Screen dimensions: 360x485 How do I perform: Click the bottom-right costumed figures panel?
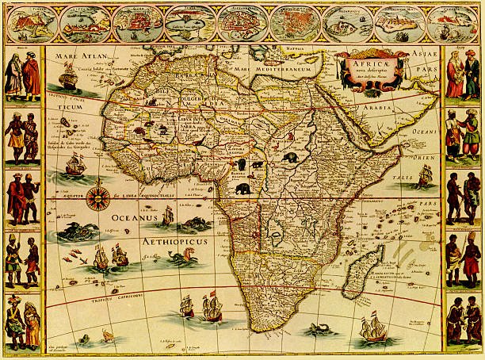click(x=462, y=321)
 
